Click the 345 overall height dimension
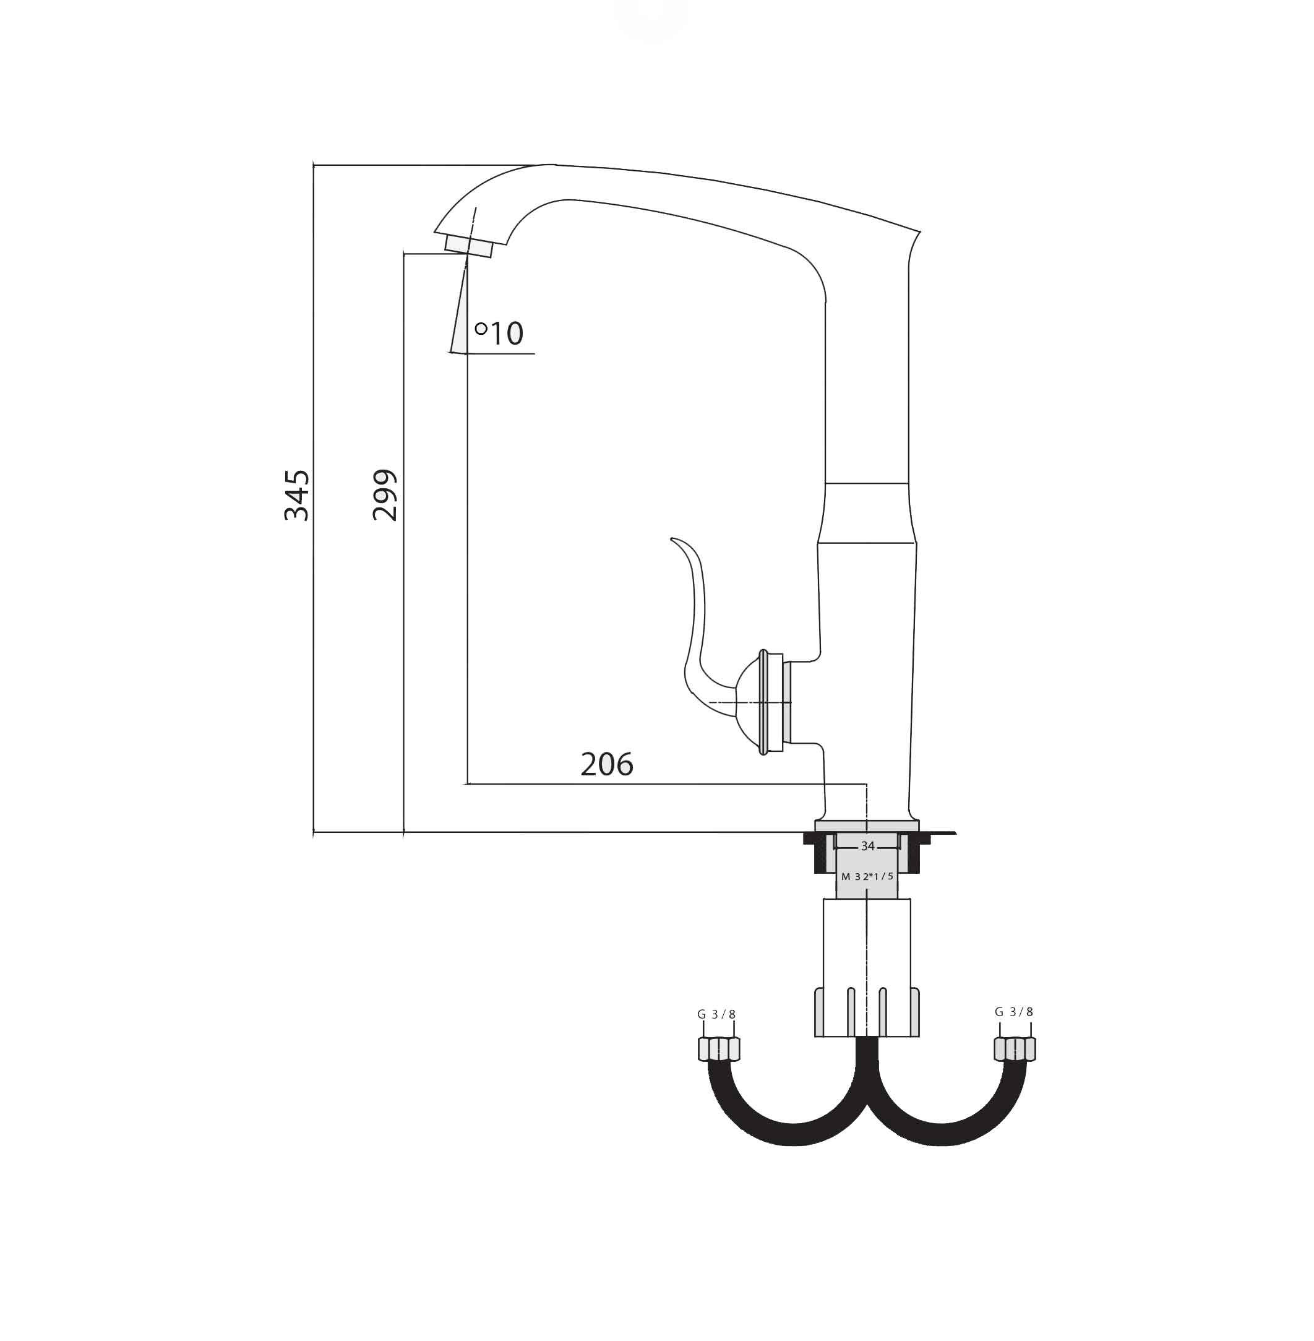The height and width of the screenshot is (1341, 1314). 297,495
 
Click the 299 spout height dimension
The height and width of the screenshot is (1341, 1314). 385,495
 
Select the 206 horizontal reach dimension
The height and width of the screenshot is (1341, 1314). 607,764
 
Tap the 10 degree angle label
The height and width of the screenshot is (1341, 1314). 507,334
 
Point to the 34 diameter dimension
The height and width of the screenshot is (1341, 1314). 867,846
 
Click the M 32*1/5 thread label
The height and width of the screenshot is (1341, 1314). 867,876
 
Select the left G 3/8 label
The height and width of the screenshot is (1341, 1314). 716,1014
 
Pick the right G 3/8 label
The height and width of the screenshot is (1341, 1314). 1014,1012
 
